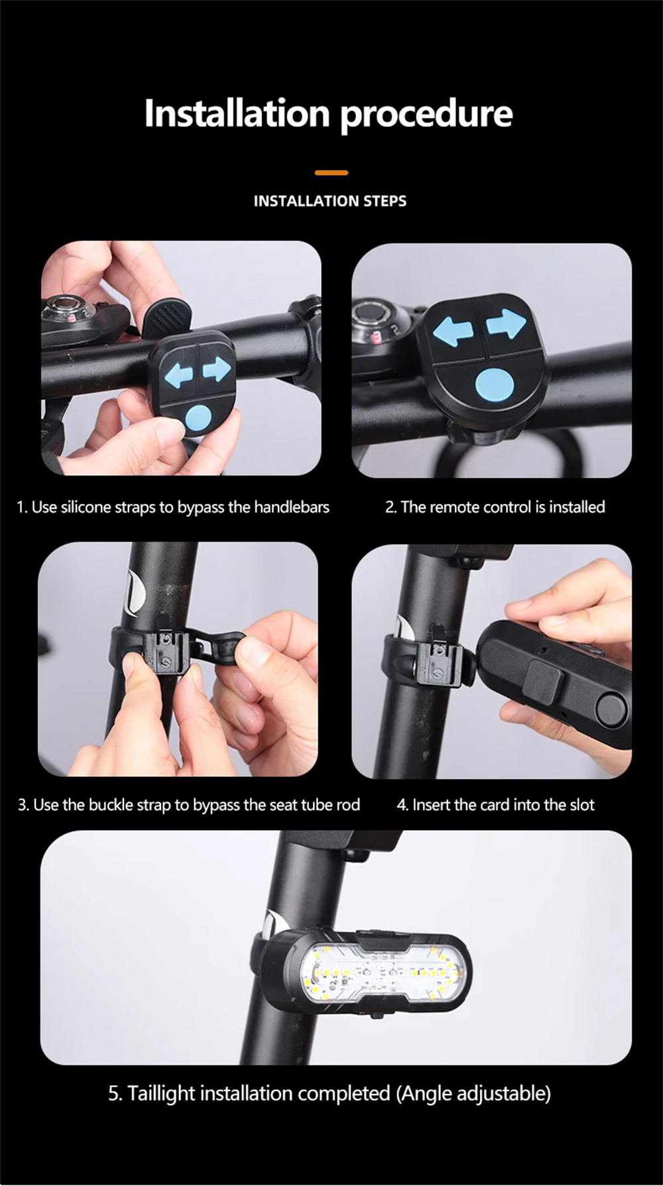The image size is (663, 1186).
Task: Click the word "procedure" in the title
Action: (426, 115)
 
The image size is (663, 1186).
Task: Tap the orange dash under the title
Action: (331, 172)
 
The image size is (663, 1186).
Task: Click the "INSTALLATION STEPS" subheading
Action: (330, 201)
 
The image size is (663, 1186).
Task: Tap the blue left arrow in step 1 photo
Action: (178, 375)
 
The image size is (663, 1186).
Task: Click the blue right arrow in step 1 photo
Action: (217, 369)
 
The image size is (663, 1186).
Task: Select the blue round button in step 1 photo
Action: (197, 418)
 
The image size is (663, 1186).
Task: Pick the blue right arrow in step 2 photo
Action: (506, 324)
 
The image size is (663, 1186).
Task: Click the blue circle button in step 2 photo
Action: (495, 385)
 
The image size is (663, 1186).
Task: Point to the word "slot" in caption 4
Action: (581, 805)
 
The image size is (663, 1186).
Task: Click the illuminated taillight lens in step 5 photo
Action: (381, 972)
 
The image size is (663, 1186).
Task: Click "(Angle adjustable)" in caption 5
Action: (473, 1094)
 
